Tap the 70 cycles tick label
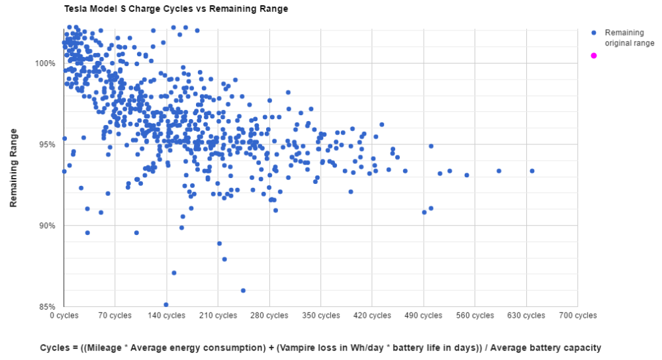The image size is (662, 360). click(115, 316)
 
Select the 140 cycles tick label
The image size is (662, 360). click(166, 316)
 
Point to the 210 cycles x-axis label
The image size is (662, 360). click(218, 316)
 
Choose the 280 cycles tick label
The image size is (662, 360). click(269, 316)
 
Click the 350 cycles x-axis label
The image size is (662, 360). click(320, 316)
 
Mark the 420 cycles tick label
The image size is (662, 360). click(372, 316)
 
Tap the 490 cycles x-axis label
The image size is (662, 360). click(423, 316)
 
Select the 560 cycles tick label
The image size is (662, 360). click(475, 316)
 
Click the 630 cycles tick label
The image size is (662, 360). click(526, 316)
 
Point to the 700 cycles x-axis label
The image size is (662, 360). click(577, 316)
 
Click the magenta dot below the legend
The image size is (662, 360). click(594, 56)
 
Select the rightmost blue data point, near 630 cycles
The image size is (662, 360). click(532, 171)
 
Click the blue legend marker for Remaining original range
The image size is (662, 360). click(594, 32)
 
